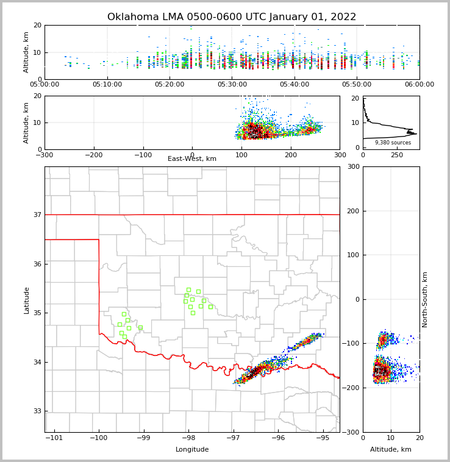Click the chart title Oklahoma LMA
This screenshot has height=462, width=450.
(232, 17)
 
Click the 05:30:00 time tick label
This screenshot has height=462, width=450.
(232, 85)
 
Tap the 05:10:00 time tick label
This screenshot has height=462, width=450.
(107, 85)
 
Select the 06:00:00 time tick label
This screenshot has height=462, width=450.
(419, 85)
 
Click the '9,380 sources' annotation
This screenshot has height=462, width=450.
(393, 143)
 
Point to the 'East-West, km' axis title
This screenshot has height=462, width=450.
(192, 159)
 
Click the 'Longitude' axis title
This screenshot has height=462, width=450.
(192, 450)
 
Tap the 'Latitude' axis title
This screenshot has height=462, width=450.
(27, 300)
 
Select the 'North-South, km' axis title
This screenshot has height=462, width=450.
(425, 300)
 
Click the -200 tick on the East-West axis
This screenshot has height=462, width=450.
(93, 155)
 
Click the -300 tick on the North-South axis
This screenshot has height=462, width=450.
(352, 432)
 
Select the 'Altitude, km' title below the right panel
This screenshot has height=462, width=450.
(391, 450)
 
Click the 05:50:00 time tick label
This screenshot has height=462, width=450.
(357, 85)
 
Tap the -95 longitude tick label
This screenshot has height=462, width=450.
(322, 438)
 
